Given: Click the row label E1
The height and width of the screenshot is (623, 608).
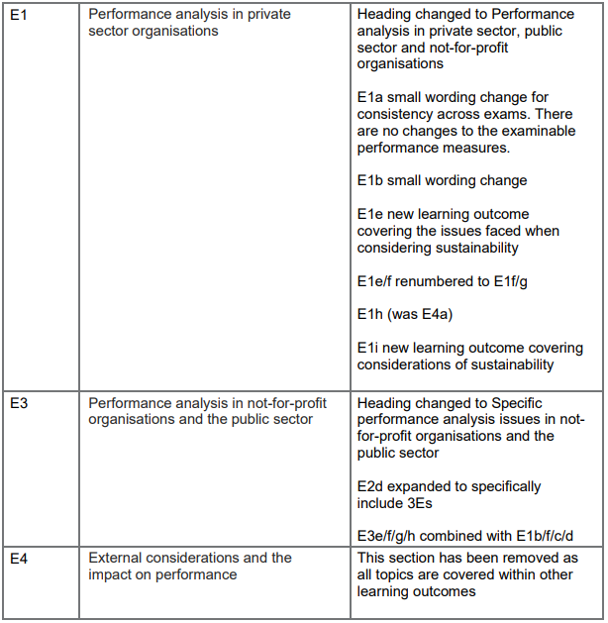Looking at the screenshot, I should point(19,15).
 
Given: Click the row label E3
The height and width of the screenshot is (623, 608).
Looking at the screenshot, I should point(19,403).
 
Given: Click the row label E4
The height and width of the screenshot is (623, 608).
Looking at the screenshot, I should point(19,558).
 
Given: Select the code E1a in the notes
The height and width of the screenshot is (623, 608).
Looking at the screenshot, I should point(370,98).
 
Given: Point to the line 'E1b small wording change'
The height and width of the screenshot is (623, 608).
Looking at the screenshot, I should point(442,180).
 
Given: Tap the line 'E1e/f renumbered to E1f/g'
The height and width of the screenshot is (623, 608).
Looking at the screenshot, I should point(442,281).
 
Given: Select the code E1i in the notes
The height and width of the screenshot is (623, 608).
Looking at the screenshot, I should point(368,349).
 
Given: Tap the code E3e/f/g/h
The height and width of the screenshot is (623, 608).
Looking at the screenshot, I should point(391,536).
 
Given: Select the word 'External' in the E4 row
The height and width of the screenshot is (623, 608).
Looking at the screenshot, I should point(117,558).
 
